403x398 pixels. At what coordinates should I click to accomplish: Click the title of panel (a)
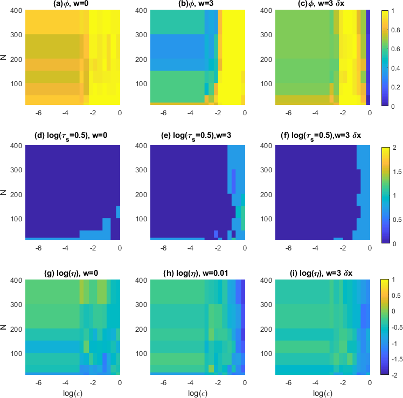click(72, 5)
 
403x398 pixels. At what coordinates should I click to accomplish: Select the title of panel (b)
click(197, 5)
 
